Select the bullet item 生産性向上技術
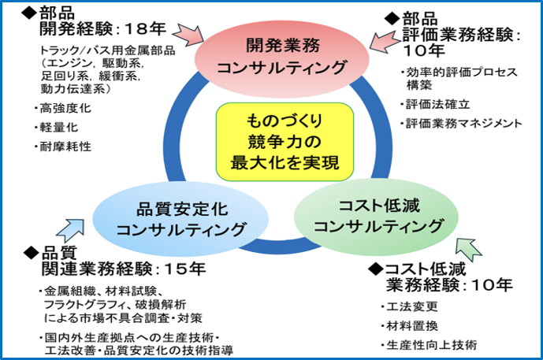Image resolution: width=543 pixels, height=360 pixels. pyautogui.click(x=430, y=344)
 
